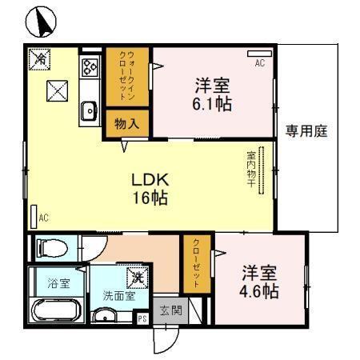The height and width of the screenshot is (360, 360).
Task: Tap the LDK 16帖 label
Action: (150, 189)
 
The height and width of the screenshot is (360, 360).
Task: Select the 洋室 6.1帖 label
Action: (211, 94)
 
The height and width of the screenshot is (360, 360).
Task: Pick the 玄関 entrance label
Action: (170, 310)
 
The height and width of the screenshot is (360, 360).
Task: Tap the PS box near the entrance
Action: (142, 318)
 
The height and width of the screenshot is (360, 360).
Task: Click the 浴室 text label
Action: (58, 283)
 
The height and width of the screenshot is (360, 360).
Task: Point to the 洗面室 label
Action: (118, 295)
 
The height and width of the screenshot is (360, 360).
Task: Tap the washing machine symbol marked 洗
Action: (138, 278)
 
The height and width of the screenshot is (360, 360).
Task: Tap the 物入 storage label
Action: (126, 124)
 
